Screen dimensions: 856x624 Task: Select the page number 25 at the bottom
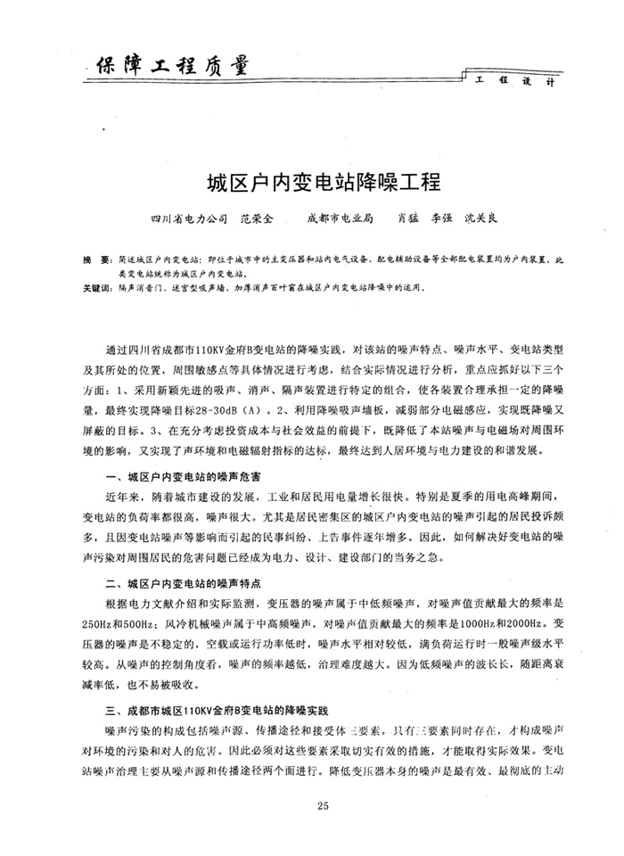pyautogui.click(x=323, y=808)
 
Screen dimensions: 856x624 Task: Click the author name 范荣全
pyautogui.click(x=259, y=217)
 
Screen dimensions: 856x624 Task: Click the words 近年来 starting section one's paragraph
pyautogui.click(x=121, y=498)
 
